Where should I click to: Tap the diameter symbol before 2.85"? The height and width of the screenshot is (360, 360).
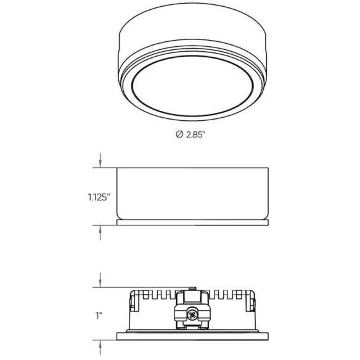179,135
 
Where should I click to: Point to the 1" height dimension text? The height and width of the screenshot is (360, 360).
99,315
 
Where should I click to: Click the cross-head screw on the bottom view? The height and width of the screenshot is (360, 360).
192,316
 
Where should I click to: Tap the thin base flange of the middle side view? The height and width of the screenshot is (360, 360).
192,220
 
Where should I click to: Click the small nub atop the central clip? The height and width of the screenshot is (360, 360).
192,287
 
